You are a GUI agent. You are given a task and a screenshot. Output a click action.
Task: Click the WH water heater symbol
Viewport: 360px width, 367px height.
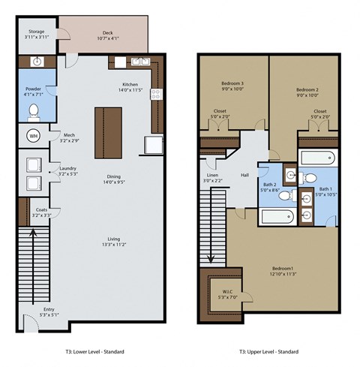click(x=33, y=136)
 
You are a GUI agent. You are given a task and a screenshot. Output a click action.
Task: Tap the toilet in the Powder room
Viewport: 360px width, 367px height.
click(x=34, y=113)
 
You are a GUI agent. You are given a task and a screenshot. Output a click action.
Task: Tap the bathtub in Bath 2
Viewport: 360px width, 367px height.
click(x=277, y=217)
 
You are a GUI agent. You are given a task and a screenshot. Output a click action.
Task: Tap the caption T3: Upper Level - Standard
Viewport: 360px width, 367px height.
click(x=268, y=351)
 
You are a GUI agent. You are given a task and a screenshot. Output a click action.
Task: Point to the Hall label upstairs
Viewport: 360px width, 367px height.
click(x=244, y=175)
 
